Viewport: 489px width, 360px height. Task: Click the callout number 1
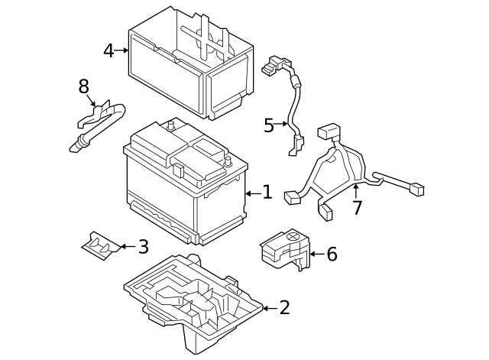tap(267, 192)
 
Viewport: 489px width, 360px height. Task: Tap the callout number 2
tap(285, 307)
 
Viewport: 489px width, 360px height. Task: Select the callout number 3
tap(143, 247)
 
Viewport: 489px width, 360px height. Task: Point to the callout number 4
tap(108, 50)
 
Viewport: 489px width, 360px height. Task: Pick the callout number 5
tap(269, 125)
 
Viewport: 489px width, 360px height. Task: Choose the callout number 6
tap(332, 254)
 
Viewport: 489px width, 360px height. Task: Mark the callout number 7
tap(358, 208)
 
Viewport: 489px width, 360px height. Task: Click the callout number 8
tap(83, 86)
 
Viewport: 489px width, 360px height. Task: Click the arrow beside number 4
tap(121, 50)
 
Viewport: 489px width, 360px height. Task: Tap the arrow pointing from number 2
tap(270, 308)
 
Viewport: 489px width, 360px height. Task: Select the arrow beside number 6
tap(317, 255)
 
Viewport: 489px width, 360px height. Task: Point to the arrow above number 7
tap(355, 191)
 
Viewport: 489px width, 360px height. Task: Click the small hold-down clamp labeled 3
tap(100, 246)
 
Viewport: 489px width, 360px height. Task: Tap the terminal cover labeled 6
tap(285, 249)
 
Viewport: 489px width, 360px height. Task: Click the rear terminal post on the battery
tap(170, 125)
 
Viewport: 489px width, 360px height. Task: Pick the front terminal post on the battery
tap(228, 161)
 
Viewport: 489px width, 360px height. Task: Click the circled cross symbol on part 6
tap(293, 236)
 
